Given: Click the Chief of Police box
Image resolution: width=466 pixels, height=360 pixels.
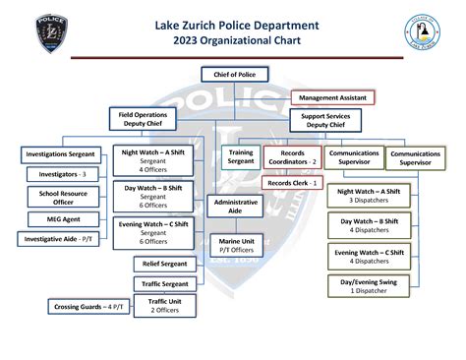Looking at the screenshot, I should point(233,74).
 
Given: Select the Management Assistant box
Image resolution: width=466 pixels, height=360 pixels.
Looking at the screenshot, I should point(332,97).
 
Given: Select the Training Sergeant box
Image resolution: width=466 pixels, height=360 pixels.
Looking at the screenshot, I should point(240,158).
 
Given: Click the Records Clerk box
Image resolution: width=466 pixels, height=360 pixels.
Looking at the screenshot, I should point(292,183).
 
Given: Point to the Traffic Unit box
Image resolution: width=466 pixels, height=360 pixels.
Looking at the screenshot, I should point(163,306).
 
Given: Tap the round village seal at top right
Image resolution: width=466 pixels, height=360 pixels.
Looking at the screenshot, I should point(421,33).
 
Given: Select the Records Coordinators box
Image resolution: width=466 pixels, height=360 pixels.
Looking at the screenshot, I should point(292,157).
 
